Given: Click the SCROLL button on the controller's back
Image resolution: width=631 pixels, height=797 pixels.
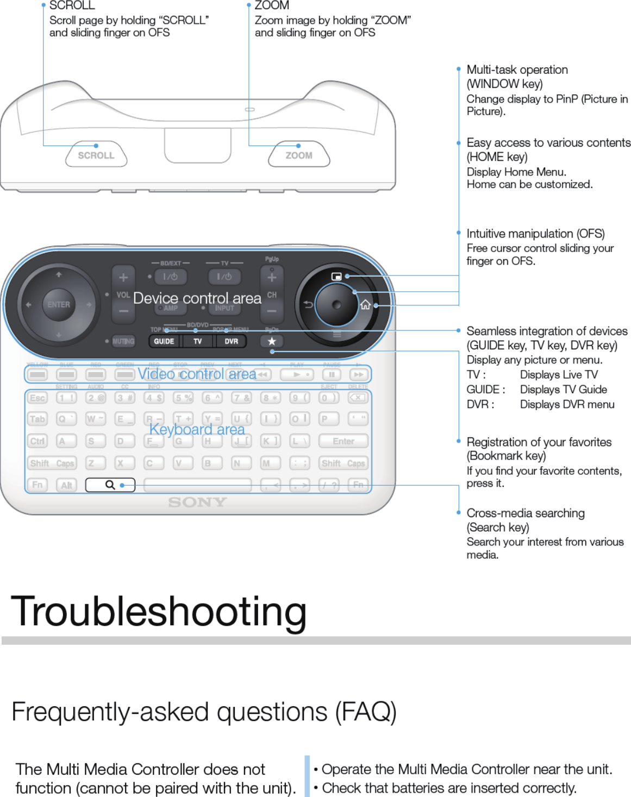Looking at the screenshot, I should tap(96, 155).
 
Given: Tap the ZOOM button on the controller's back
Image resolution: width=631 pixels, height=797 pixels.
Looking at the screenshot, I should tap(299, 155).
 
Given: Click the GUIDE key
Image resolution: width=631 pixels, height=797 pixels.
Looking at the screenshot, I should tap(164, 341).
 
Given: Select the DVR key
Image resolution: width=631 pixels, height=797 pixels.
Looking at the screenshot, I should tap(232, 341).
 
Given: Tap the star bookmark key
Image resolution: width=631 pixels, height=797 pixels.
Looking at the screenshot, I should tap(272, 341).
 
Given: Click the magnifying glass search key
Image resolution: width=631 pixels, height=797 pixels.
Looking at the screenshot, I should tap(110, 485).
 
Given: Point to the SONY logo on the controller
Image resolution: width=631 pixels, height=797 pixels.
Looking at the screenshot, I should tap(197, 503).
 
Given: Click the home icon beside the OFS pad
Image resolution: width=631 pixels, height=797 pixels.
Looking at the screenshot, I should tap(366, 304).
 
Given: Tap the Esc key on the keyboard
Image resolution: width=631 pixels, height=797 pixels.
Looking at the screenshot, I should tap(37, 398).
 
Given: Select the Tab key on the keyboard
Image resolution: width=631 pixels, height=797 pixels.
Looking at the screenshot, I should tap(37, 419).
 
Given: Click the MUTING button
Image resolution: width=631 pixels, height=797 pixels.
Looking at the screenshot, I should tap(123, 341).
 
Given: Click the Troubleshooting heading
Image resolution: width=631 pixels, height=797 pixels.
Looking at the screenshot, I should tap(159, 612).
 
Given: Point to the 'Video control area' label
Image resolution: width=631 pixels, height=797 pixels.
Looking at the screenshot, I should tap(197, 374).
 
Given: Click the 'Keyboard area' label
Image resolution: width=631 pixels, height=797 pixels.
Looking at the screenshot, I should tap(197, 429).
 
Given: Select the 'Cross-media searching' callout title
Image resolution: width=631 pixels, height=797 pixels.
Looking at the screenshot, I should tap(526, 513).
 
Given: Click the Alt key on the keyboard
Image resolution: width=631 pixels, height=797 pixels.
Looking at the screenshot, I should tap(66, 485).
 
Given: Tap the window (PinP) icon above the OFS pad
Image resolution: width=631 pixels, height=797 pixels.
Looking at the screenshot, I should tap(336, 277).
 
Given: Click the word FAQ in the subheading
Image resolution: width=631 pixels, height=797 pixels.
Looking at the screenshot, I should tap(366, 712).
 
